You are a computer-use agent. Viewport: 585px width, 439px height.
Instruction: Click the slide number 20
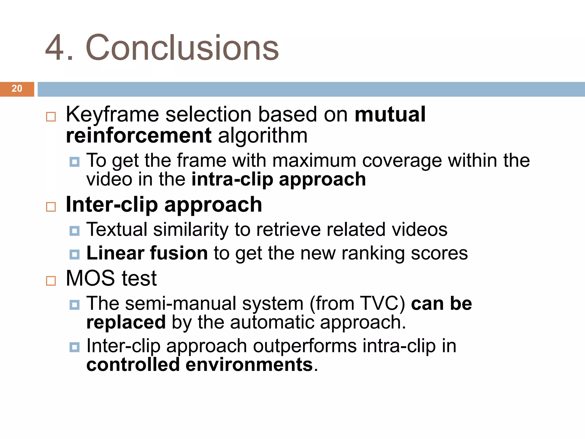17,89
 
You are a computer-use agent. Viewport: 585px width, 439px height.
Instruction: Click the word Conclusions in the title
182,48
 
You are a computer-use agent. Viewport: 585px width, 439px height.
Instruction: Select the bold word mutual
390,114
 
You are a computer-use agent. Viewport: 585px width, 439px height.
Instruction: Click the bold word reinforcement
139,135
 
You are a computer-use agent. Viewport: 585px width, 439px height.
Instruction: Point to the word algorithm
263,136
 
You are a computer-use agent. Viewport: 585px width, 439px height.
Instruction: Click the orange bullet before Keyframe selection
51,117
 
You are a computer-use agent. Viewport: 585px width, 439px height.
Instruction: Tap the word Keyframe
112,114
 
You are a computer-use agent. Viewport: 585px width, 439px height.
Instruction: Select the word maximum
314,160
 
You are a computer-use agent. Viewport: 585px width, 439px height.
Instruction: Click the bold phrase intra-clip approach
279,179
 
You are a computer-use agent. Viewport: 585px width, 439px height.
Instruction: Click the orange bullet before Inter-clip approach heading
51,207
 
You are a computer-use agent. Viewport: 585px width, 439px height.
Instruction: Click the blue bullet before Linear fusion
75,254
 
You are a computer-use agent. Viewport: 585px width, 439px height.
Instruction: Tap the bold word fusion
179,253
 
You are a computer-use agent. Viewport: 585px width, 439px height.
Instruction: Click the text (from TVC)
357,303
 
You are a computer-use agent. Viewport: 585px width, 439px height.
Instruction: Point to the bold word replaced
126,322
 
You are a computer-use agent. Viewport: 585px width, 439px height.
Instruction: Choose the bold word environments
249,365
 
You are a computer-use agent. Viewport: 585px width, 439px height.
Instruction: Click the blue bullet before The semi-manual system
75,305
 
